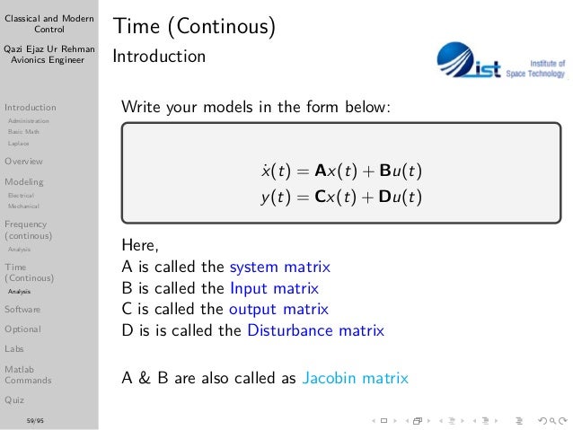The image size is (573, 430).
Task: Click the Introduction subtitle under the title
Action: (159, 57)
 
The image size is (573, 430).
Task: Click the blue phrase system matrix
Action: (280, 267)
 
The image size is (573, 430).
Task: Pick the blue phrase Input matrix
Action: (274, 288)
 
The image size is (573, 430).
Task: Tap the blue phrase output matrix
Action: (279, 310)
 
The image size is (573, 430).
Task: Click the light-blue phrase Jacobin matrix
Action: (356, 378)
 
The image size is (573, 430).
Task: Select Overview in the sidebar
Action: (23, 162)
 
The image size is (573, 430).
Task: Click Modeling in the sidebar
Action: (23, 181)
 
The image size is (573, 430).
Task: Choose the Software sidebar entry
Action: (22, 309)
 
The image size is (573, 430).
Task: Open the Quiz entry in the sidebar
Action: (14, 399)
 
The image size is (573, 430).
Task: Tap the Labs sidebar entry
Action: (14, 348)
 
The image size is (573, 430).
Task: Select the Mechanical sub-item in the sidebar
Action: (22, 206)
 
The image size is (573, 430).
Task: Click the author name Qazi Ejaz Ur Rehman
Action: (48, 48)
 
